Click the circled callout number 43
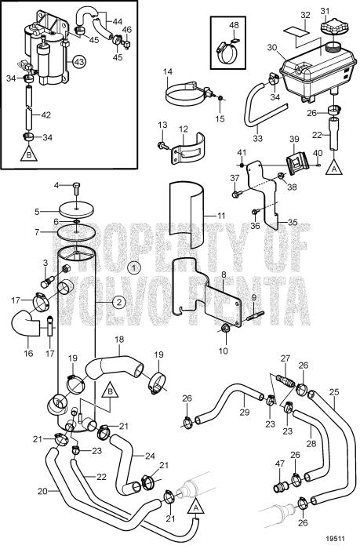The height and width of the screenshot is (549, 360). point(80,60)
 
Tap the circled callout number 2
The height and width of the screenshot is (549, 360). point(118,301)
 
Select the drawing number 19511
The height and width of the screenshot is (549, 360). point(338,540)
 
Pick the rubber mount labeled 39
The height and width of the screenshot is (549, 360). point(295,165)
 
